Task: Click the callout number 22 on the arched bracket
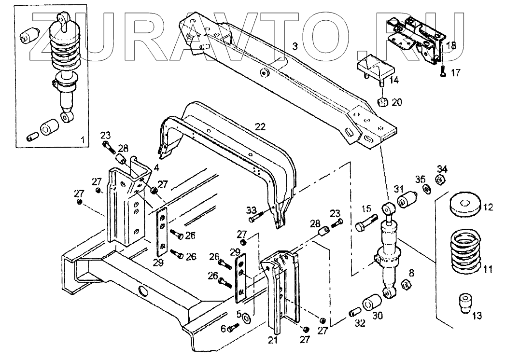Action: (260, 126)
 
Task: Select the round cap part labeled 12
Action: (464, 205)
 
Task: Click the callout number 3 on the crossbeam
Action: (295, 46)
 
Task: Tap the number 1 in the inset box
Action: (83, 140)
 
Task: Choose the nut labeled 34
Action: (440, 180)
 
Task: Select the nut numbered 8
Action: (407, 285)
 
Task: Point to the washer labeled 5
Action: (246, 318)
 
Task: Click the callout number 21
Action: (273, 340)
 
